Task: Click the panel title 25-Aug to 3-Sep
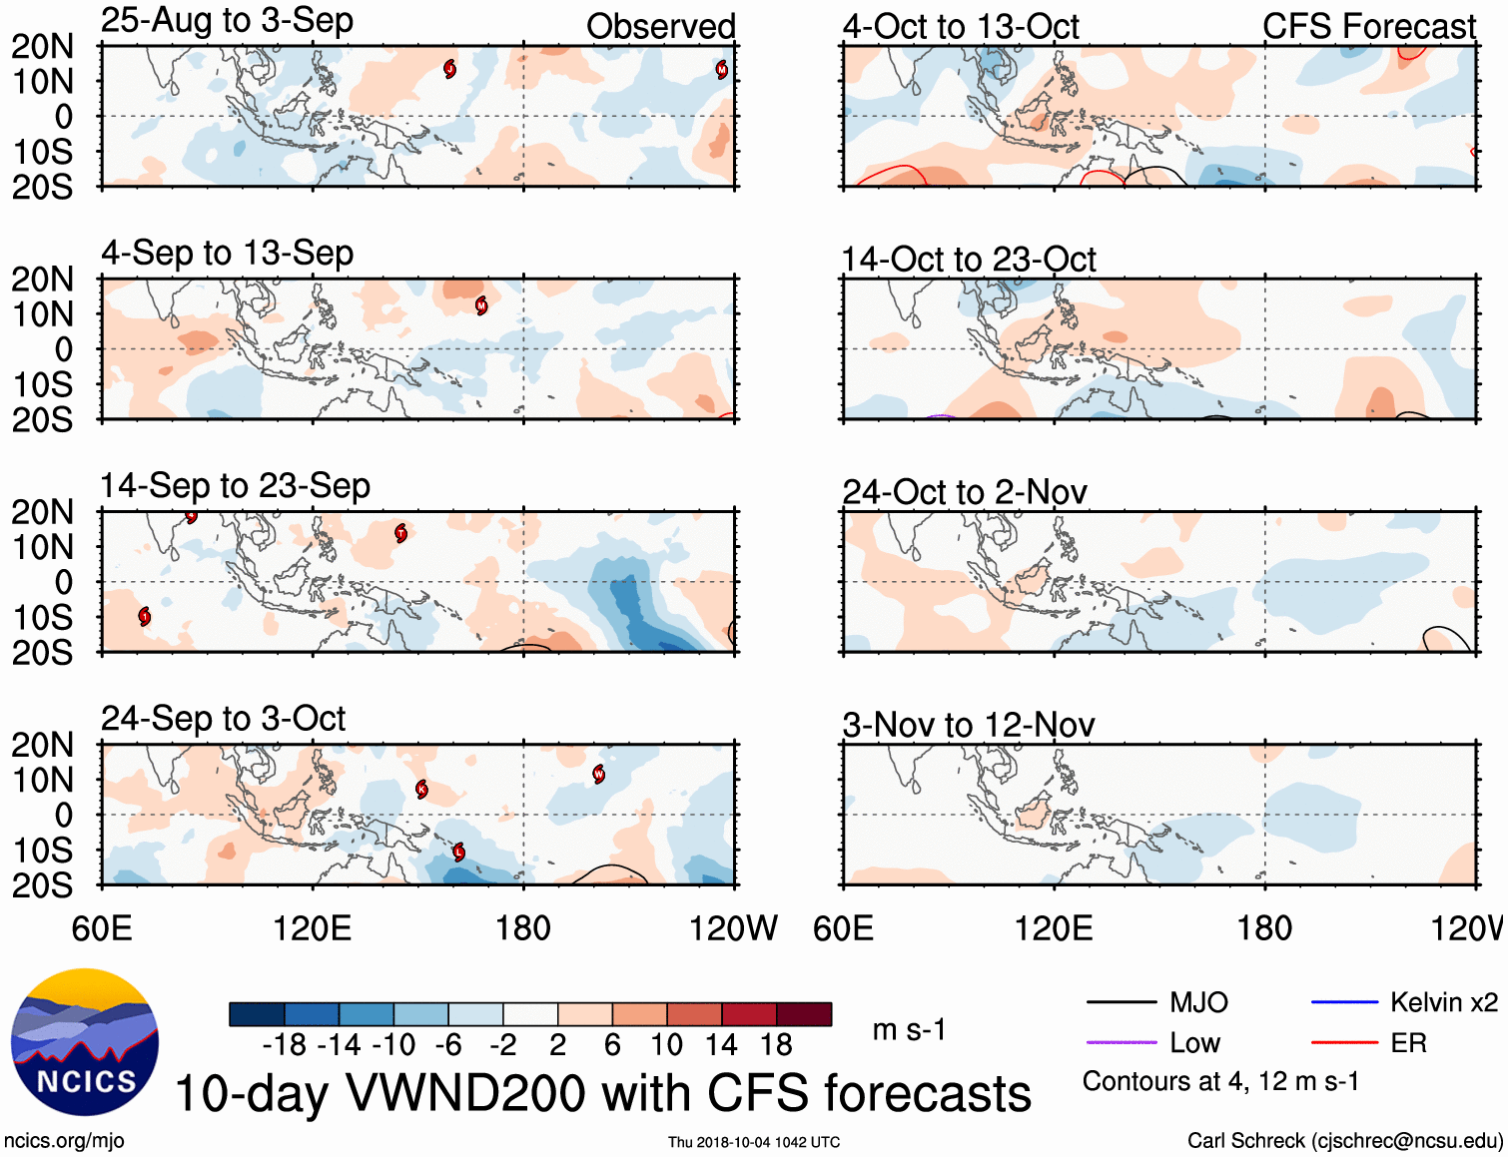point(227,21)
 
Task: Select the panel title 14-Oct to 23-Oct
point(968,260)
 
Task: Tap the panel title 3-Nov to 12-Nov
point(968,725)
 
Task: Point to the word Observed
point(660,27)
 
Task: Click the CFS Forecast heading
point(1368,27)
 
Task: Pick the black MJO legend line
point(1121,1002)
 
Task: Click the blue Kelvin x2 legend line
point(1344,1002)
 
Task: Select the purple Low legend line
point(1121,1042)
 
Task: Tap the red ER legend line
point(1344,1042)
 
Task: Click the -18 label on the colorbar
point(284,1045)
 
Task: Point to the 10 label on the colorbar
point(666,1045)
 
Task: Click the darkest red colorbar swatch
point(804,1014)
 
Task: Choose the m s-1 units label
point(909,1030)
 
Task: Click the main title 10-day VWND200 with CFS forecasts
point(602,1093)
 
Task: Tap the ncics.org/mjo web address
point(64,1140)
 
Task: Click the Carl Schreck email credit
point(1344,1140)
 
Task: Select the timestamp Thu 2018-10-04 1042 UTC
point(754,1142)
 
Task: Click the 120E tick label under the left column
point(313,928)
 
